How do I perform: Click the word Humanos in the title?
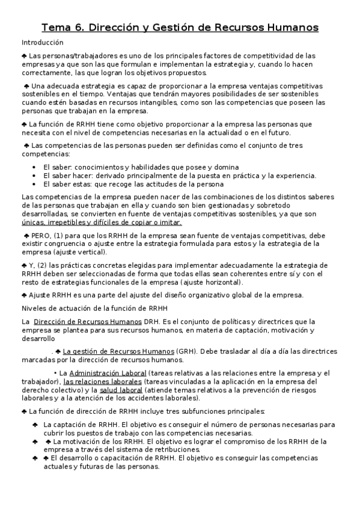point(290,28)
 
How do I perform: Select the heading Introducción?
point(43,43)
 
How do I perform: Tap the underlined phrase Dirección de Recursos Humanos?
point(88,322)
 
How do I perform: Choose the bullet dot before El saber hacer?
point(37,176)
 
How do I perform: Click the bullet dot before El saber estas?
point(37,184)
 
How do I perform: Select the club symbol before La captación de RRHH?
point(35,424)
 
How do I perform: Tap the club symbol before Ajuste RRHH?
point(23,295)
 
